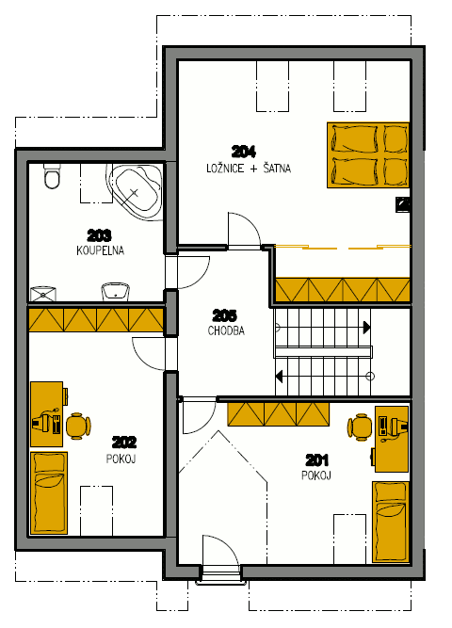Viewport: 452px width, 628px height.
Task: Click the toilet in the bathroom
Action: click(52, 176)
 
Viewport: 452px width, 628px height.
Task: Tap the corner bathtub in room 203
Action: click(135, 191)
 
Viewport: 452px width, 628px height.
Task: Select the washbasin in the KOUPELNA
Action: click(116, 292)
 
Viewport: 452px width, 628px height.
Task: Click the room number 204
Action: click(244, 152)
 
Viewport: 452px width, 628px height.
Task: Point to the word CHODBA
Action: click(226, 330)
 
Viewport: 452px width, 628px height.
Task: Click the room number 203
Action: click(99, 235)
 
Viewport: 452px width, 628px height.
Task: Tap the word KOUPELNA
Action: click(100, 250)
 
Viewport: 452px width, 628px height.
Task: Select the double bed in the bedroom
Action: click(368, 155)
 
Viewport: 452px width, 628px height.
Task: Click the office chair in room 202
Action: click(78, 427)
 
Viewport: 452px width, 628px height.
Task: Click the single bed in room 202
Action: click(49, 493)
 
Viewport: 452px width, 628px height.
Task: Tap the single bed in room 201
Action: click(391, 522)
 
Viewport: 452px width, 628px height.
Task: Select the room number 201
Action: click(317, 460)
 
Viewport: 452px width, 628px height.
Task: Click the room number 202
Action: click(123, 443)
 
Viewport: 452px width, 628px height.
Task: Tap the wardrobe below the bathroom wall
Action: click(96, 319)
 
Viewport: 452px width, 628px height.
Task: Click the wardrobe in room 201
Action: click(279, 413)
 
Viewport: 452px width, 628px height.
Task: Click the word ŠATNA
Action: click(277, 169)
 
